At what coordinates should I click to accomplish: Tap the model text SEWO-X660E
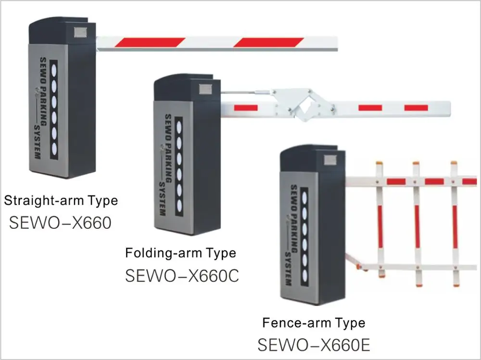point(314,345)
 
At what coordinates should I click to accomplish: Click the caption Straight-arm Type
point(61,200)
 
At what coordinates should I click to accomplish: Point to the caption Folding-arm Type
point(180,253)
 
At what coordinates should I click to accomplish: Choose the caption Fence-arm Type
point(314,323)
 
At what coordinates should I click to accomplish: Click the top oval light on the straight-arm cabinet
point(54,68)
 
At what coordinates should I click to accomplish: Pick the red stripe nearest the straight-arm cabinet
point(149,42)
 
